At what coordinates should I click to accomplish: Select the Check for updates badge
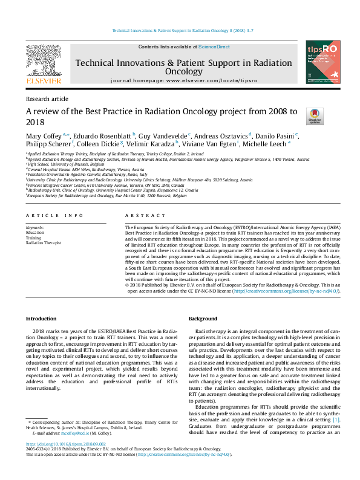pyautogui.click(x=315, y=116)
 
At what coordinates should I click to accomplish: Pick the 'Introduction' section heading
pyautogui.click(x=41, y=319)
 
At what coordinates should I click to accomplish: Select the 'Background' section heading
pyautogui.click(x=203, y=319)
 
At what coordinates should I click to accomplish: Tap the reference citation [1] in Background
pyautogui.click(x=336, y=402)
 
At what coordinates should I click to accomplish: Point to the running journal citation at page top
pyautogui.click(x=180, y=31)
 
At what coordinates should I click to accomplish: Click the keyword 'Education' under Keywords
pyautogui.click(x=35, y=232)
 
